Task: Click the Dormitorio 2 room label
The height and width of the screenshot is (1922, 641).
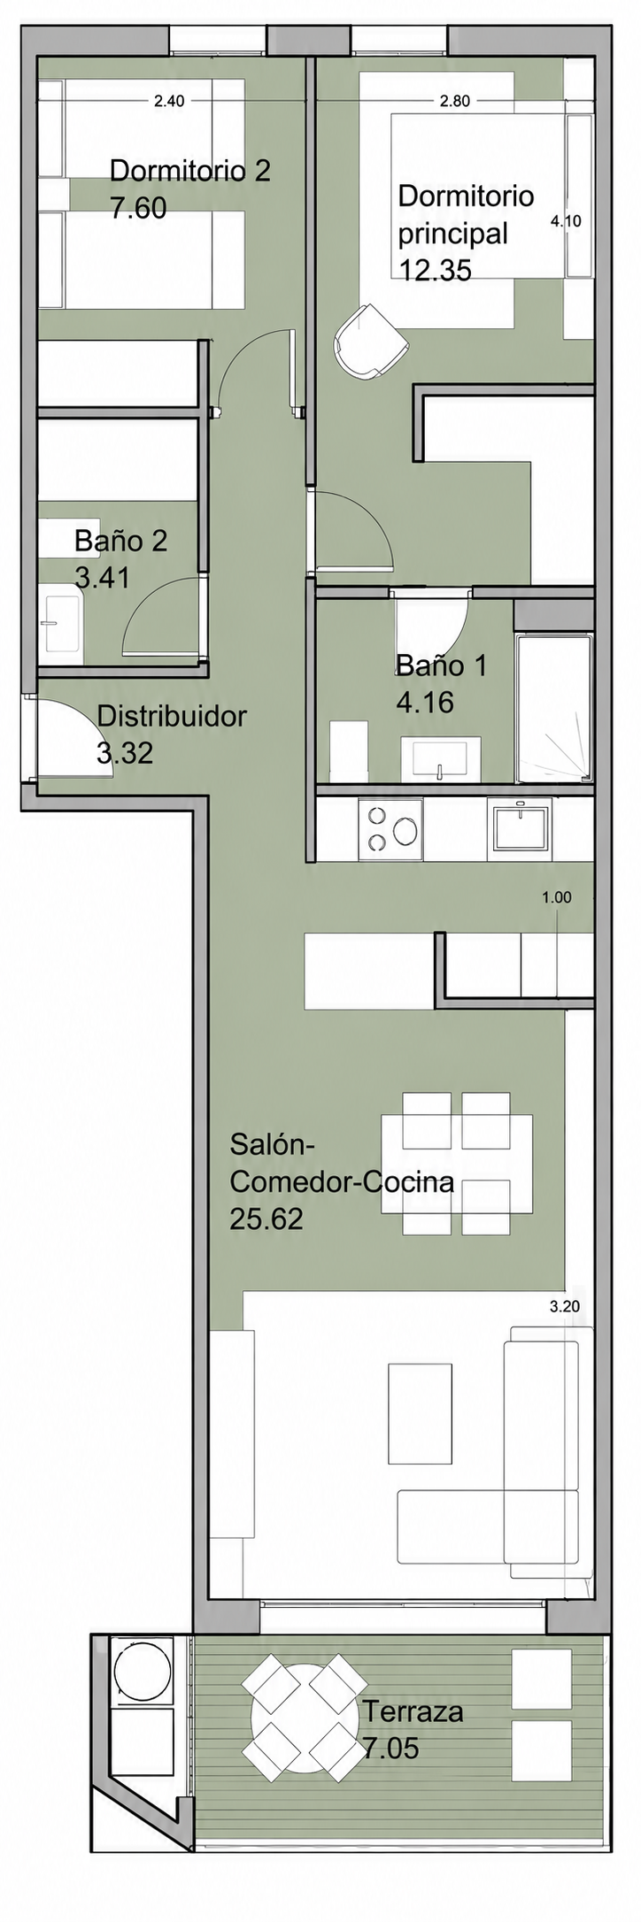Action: pos(189,170)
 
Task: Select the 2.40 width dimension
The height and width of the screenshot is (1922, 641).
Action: pos(169,101)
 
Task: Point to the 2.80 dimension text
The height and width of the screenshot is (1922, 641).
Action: pos(455,101)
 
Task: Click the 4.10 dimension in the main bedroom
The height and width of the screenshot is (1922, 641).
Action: pos(566,221)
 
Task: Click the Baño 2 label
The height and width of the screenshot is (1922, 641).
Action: pos(120,540)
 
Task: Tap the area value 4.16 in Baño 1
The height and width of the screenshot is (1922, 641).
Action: pos(425,703)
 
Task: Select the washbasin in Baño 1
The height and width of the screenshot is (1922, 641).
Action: pos(441,759)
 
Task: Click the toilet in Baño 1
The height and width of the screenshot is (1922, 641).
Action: pos(348,751)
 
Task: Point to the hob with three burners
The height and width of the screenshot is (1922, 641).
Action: pos(390,828)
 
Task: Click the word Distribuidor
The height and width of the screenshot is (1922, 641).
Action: pos(172,716)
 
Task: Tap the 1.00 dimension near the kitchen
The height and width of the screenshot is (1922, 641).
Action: pos(557,897)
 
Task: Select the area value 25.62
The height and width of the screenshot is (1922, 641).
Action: pos(266,1219)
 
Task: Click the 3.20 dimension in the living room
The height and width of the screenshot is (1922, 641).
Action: pos(565,1306)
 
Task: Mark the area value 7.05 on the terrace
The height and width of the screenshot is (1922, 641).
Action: pos(390,1749)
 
